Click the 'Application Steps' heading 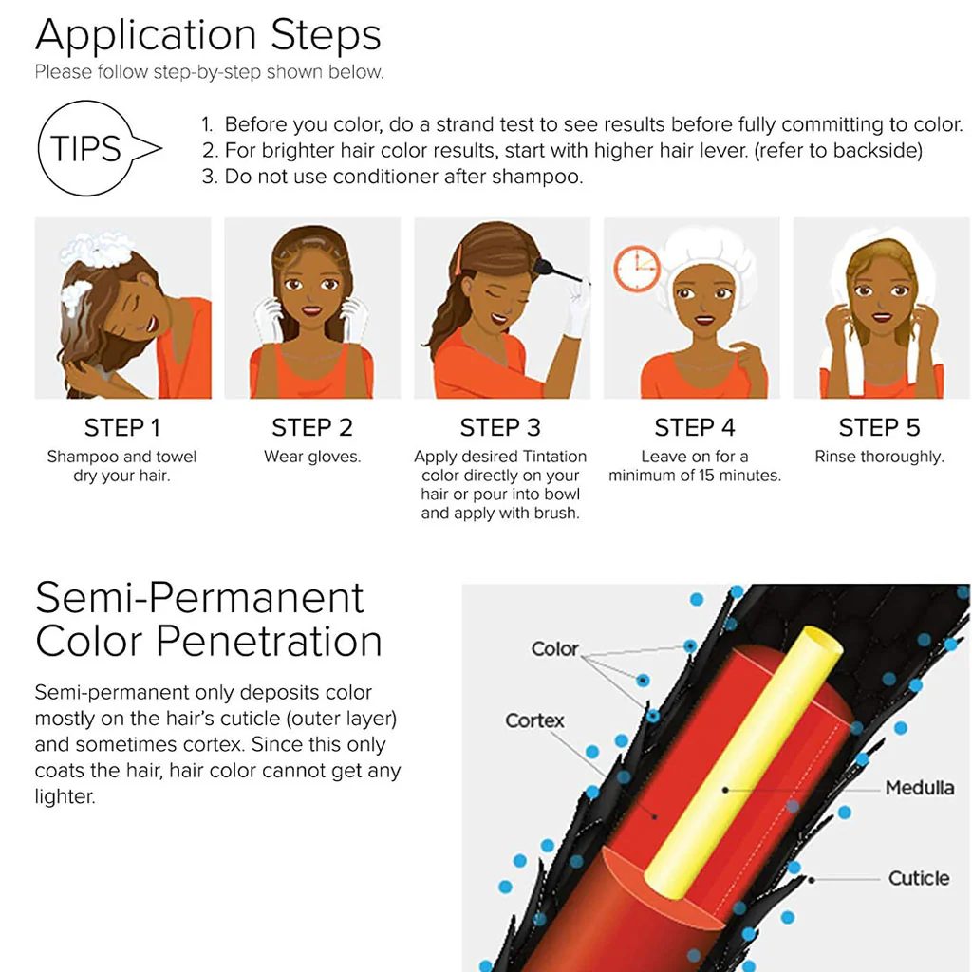coord(208,35)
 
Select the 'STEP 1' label coord(122,428)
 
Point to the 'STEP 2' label coord(311,428)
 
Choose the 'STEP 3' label coord(500,428)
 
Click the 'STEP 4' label coord(694,428)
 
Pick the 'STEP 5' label coord(879,428)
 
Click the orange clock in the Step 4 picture coord(637,269)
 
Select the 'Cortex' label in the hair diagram coord(534,721)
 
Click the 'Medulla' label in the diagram coord(919,788)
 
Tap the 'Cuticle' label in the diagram coord(919,878)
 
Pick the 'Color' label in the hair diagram coord(554,649)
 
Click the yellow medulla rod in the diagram coord(744,762)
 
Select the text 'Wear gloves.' coord(311,457)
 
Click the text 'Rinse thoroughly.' coord(879,457)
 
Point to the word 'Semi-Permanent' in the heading coord(199,598)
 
